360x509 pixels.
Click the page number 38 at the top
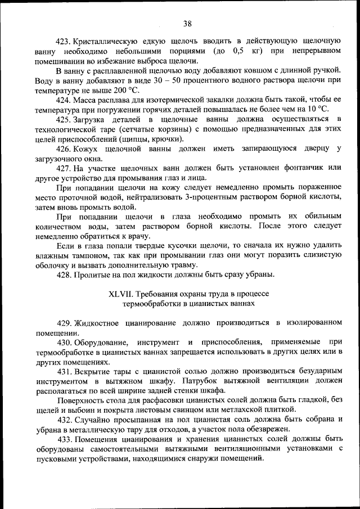tap(187, 23)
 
